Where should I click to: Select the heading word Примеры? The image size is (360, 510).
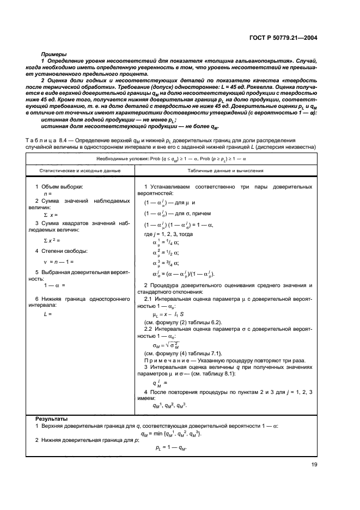[54, 54]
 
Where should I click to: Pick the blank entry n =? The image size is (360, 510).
[47, 194]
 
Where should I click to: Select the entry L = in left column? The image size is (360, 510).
[47, 314]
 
